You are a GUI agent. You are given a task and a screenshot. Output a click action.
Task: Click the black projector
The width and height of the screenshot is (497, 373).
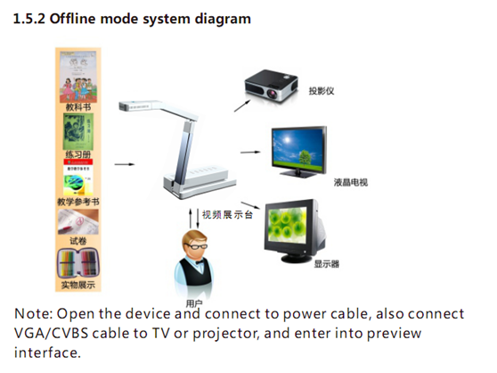(x=271, y=86)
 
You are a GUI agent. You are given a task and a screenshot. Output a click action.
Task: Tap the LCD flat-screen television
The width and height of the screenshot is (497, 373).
(x=299, y=152)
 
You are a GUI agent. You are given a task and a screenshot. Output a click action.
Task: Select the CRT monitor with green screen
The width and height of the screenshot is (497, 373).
(x=296, y=231)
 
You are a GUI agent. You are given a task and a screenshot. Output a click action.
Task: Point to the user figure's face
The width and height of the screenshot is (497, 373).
(x=194, y=245)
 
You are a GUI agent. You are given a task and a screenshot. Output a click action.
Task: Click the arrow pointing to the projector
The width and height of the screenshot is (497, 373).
(x=242, y=105)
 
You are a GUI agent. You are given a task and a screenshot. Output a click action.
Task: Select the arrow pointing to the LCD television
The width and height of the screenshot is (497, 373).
(x=250, y=152)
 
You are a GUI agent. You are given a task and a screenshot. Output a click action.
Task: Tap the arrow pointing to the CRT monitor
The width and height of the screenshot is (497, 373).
(x=250, y=205)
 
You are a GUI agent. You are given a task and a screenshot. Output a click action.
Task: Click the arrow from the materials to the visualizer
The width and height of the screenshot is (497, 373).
(x=125, y=164)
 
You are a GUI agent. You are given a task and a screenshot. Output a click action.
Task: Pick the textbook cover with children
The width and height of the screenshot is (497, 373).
(x=78, y=77)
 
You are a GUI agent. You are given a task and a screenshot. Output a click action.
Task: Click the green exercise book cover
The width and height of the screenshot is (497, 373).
(x=78, y=132)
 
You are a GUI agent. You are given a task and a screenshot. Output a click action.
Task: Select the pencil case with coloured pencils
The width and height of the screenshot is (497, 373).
(x=78, y=263)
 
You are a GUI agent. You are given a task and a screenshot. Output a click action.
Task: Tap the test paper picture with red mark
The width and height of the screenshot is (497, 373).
(x=78, y=221)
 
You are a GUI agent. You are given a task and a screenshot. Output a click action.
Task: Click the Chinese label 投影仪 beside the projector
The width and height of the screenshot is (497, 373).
(x=322, y=91)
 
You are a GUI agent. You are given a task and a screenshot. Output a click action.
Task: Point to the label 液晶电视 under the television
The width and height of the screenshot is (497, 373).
(x=351, y=182)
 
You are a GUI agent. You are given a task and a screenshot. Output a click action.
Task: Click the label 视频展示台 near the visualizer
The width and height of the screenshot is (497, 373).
(x=227, y=214)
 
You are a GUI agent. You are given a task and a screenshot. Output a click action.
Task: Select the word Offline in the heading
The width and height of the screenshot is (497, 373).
(x=72, y=19)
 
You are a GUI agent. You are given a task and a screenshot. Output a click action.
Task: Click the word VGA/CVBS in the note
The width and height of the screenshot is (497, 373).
(x=51, y=334)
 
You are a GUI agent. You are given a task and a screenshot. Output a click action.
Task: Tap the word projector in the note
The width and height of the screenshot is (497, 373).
(x=226, y=334)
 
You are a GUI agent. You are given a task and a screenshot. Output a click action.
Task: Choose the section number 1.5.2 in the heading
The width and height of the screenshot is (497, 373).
(x=29, y=19)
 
